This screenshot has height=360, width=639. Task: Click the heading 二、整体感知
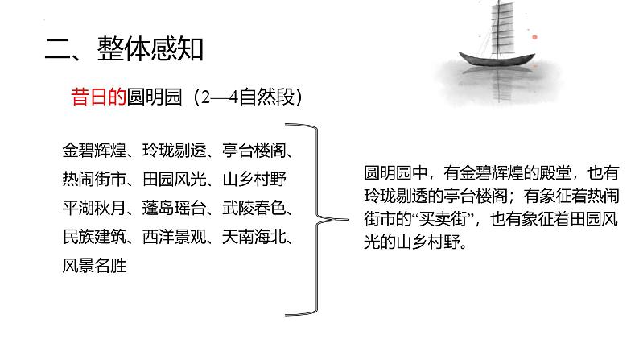[x=124, y=49]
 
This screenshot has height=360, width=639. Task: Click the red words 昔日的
[x=96, y=97]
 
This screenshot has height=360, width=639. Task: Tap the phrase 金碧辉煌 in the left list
[x=91, y=151]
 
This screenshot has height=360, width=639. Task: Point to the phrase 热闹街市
[x=91, y=179]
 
